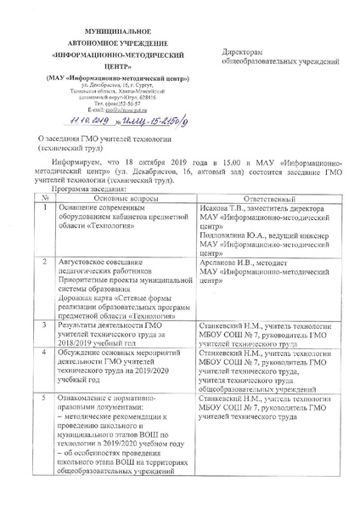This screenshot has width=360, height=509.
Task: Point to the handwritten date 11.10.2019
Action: click(x=57, y=122)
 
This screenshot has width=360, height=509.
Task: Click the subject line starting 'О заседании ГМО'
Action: click(x=101, y=138)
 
